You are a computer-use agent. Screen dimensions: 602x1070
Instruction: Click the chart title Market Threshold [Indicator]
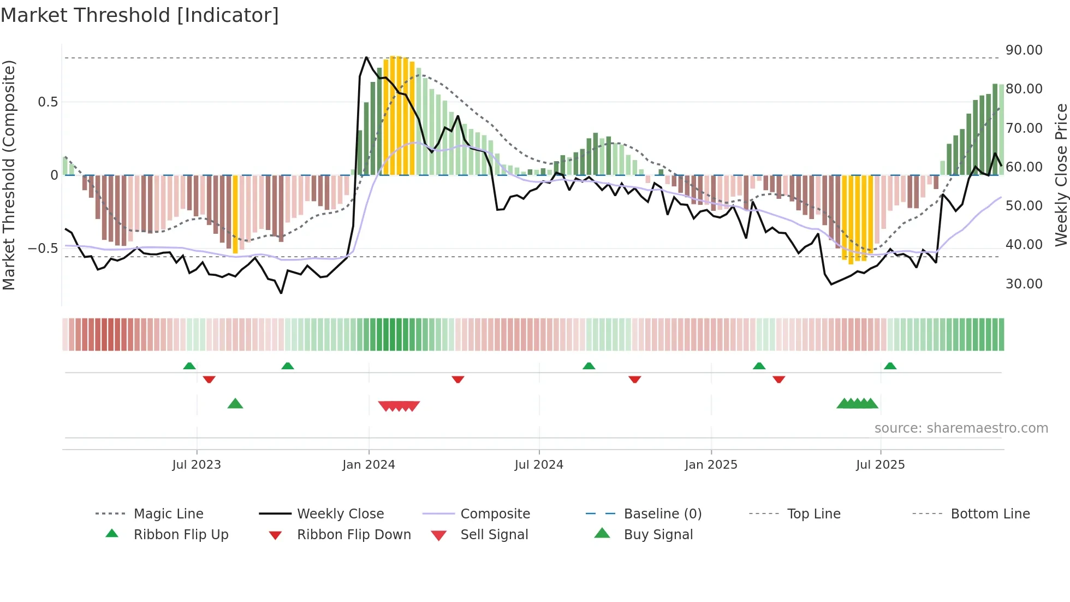coord(140,15)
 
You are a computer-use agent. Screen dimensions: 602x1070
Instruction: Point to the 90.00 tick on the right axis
coord(1024,50)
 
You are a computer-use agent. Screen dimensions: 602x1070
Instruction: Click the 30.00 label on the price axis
coord(1024,284)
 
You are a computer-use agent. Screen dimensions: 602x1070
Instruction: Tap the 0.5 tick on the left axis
coord(47,102)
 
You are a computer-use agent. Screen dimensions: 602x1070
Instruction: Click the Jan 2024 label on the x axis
coord(368,465)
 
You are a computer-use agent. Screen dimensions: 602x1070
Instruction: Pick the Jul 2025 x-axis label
coord(880,465)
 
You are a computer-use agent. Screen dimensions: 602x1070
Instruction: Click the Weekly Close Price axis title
coord(1061,175)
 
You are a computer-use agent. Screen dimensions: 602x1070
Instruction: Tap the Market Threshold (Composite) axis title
coord(9,175)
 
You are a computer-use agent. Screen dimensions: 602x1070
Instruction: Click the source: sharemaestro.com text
coord(961,428)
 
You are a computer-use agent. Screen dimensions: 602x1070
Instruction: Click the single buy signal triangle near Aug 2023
coord(235,404)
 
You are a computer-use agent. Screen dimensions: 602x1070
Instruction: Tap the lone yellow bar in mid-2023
coord(235,214)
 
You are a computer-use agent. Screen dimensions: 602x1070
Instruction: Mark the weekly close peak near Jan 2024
coord(366,57)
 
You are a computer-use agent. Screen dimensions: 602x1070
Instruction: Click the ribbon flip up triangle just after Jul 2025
coord(890,366)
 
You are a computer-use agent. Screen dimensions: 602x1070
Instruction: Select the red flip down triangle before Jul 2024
coord(458,379)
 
